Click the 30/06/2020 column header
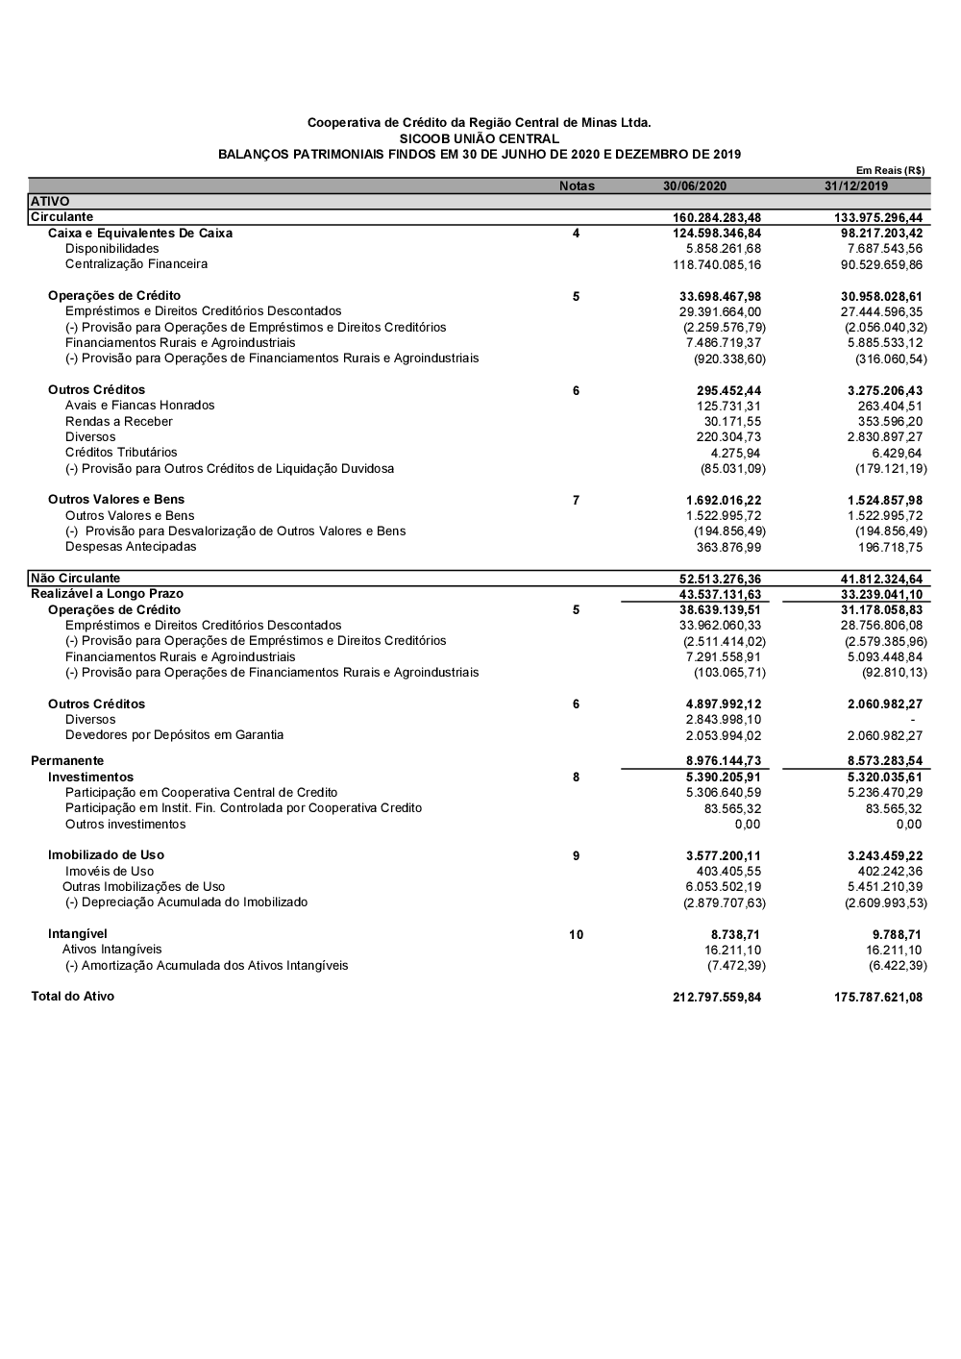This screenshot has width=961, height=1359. point(695,186)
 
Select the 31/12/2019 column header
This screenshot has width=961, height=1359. point(856,186)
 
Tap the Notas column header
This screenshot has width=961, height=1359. point(577,186)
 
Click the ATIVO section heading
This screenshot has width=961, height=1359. point(50,202)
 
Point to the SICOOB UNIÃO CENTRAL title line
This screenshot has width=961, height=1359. point(479,138)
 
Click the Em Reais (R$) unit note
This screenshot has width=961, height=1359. point(890,170)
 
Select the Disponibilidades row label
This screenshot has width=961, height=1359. point(112,249)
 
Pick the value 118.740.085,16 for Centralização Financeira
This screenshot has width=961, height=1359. point(717,264)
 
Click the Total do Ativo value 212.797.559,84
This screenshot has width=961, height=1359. point(717,998)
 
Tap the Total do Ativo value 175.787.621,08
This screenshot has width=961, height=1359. point(878,998)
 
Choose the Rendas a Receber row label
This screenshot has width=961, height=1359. point(119,422)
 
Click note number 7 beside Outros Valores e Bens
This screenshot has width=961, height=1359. point(576,501)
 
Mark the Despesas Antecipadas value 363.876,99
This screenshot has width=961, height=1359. point(728,548)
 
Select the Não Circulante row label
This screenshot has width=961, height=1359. point(76,579)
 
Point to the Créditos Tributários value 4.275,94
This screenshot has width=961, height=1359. point(735,454)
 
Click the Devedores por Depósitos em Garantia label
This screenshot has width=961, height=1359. point(174,735)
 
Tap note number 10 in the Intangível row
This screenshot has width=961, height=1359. point(576,935)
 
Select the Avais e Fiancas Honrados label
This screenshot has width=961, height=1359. point(140,406)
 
